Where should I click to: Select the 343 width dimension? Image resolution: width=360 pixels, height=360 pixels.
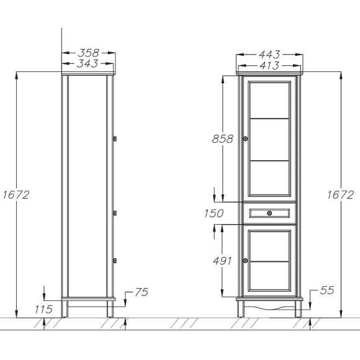click(88, 64)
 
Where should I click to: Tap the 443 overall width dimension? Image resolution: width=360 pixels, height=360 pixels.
click(269, 54)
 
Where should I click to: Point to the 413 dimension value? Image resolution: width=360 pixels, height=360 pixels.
click(269, 65)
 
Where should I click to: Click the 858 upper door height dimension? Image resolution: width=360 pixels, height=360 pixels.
click(222, 139)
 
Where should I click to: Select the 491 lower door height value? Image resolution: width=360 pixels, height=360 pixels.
click(223, 260)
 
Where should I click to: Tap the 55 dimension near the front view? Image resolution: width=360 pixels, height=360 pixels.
click(329, 290)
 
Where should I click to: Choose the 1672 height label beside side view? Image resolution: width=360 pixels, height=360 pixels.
click(16, 195)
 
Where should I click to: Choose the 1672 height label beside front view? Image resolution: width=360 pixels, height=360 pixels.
click(340, 195)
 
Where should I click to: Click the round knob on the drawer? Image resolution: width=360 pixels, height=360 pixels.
click(269, 214)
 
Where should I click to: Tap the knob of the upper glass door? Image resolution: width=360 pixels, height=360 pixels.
click(246, 138)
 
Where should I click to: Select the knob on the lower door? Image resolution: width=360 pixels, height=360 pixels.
click(246, 260)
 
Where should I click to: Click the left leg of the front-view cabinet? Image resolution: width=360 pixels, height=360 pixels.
click(240, 308)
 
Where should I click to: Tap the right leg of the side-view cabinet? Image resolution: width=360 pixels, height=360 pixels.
click(110, 308)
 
